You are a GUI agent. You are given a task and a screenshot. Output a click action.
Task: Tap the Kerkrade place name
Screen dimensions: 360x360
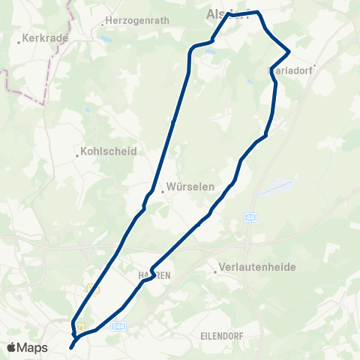(x=46, y=37)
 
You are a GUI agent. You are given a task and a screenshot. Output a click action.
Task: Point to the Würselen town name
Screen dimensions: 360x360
(x=191, y=187)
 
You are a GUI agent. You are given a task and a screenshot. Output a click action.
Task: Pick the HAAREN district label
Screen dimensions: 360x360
(x=154, y=275)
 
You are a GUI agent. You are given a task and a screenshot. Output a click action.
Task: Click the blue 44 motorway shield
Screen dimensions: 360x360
(x=249, y=217)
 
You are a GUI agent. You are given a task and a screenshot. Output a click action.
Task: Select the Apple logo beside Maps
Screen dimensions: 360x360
(x=12, y=347)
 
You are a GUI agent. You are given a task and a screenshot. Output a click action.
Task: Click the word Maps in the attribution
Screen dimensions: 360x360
(x=32, y=347)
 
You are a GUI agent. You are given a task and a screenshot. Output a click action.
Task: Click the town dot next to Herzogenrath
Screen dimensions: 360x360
(x=102, y=24)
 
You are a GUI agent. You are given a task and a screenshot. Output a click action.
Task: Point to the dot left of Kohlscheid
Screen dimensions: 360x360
(x=77, y=156)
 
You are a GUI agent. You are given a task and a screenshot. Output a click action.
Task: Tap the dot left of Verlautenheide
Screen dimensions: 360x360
(x=215, y=272)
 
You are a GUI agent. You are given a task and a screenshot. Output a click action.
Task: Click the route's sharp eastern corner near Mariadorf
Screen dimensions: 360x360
(x=289, y=52)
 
